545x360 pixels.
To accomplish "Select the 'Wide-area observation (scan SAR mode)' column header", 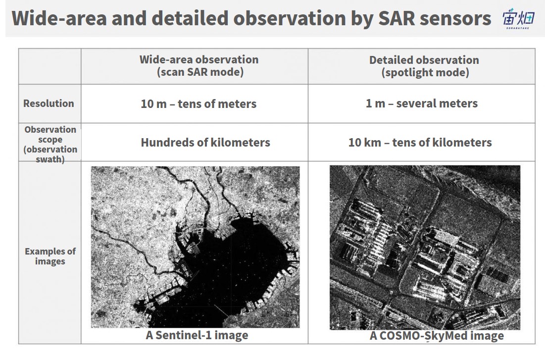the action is click(x=199, y=66).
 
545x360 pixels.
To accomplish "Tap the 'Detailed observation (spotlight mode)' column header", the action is click(x=424, y=66).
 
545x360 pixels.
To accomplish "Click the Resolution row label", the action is click(x=49, y=103).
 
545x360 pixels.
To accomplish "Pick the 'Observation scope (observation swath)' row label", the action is click(x=50, y=144).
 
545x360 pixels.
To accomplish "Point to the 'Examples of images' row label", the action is click(x=50, y=257).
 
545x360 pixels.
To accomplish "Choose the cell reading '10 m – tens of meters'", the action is click(x=198, y=103).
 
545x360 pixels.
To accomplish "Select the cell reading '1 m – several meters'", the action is click(x=422, y=103).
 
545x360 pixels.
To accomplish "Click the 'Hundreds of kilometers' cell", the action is click(x=205, y=142).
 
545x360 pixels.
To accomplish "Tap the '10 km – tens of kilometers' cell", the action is click(x=420, y=142).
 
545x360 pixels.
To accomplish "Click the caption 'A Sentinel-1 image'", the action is click(x=197, y=335).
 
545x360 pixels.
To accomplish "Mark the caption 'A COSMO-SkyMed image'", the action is click(x=437, y=336).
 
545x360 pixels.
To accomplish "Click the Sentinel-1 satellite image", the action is click(x=196, y=247).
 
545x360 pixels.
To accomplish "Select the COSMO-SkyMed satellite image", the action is click(x=425, y=247).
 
